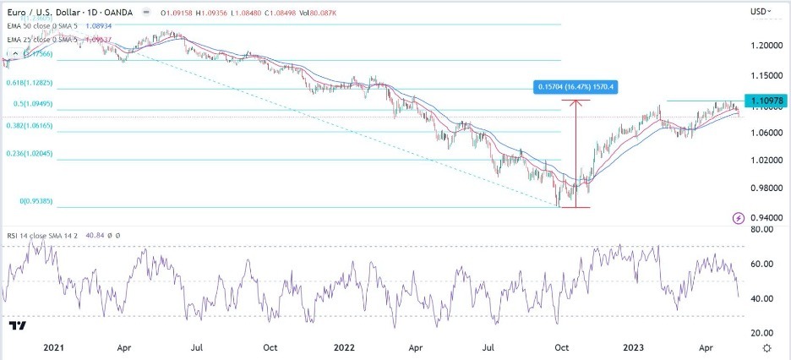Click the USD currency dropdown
pyautogui.click(x=761, y=11)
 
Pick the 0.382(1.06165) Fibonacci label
pyautogui.click(x=30, y=125)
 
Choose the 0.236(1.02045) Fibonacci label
pyautogui.click(x=30, y=154)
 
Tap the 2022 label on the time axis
pyautogui.click(x=343, y=346)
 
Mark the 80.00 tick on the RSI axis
pyautogui.click(x=762, y=229)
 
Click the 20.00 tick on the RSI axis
pyautogui.click(x=762, y=332)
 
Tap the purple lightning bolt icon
pyautogui.click(x=739, y=217)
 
